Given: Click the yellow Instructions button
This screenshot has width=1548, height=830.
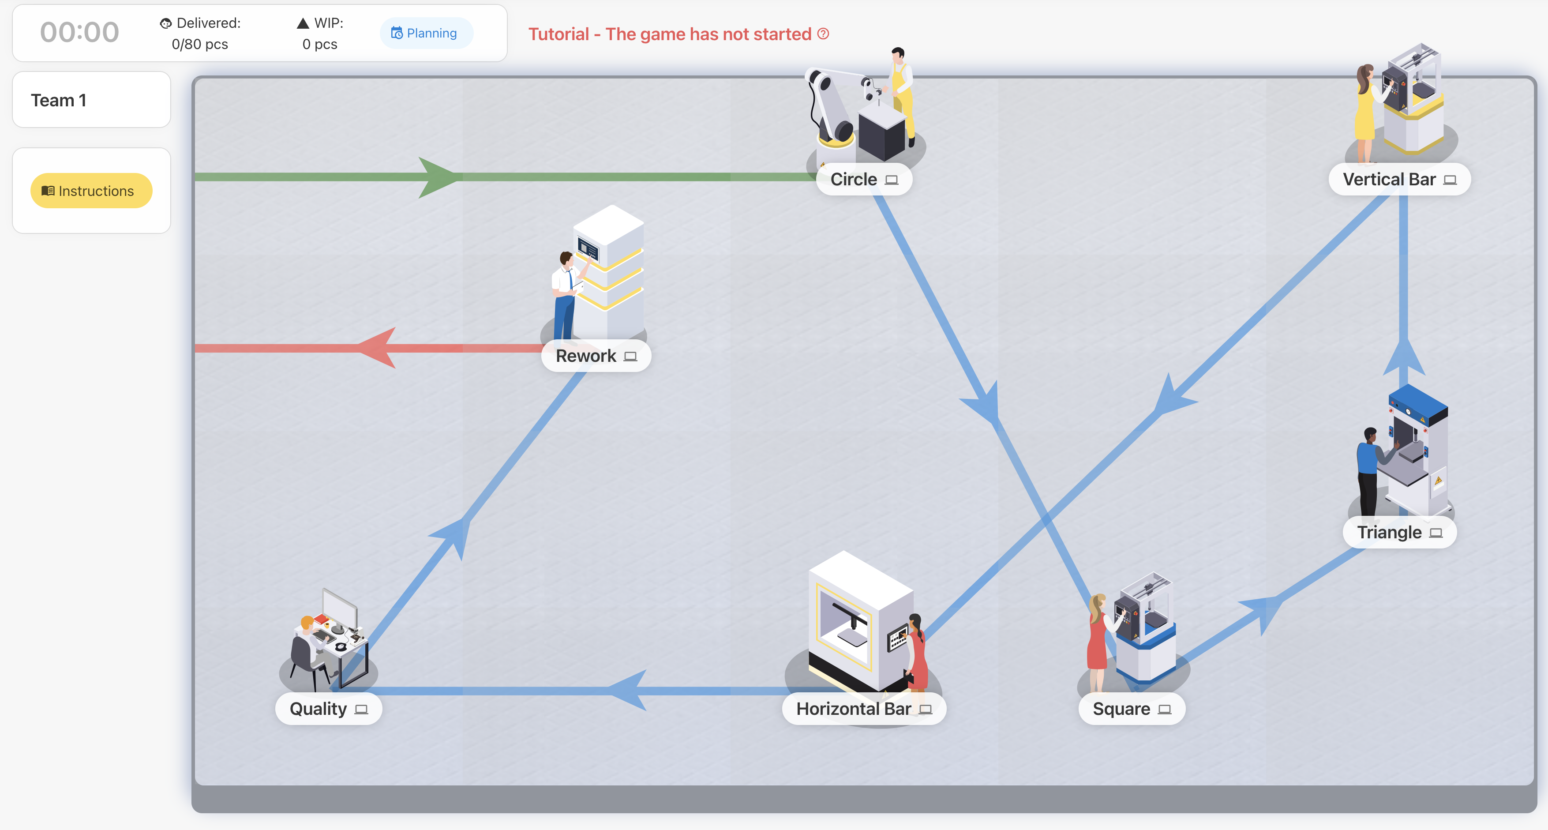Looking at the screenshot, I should click(91, 191).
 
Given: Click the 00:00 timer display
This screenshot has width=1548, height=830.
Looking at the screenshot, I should click(79, 33).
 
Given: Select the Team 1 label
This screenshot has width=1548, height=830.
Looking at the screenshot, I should click(59, 100).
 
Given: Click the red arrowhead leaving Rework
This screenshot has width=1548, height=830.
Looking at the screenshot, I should click(379, 348).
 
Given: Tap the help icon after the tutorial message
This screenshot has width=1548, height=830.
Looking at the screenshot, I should click(823, 34).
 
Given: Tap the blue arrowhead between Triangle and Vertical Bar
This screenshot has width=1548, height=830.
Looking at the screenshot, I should click(1404, 361).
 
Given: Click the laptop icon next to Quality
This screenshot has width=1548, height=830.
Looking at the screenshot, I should click(361, 710).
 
